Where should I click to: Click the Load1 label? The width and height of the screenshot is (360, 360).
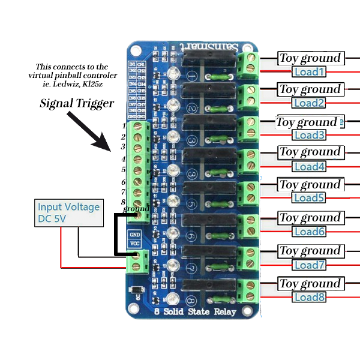tap(309, 72)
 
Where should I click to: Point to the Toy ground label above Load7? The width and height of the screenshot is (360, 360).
tap(310, 251)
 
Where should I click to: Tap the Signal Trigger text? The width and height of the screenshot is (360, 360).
tap(77, 103)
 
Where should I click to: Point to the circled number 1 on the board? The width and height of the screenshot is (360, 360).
tap(191, 77)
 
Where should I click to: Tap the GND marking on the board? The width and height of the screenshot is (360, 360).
tap(135, 234)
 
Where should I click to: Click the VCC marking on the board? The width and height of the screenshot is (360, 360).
tap(135, 244)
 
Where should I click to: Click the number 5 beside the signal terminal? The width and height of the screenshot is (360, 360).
tap(124, 170)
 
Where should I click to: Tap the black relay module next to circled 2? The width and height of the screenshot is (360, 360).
tap(208, 91)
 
